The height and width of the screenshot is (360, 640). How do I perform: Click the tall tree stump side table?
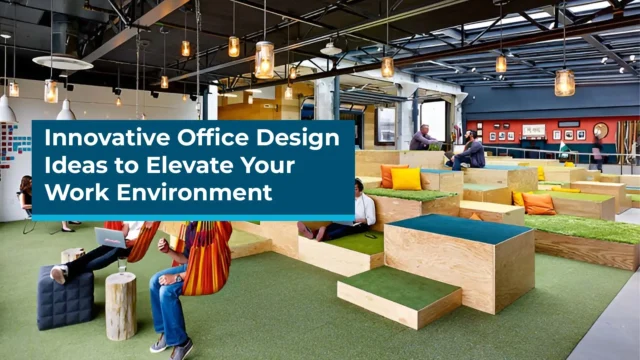click(120, 304)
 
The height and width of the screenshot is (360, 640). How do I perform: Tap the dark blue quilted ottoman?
click(65, 297)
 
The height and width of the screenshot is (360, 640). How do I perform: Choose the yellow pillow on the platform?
click(406, 178)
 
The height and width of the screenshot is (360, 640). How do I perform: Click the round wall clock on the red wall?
click(600, 130)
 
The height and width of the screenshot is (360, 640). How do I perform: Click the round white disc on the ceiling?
click(62, 62)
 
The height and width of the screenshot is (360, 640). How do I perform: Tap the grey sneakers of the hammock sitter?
click(170, 344)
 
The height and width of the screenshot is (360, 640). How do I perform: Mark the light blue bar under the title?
click(193, 217)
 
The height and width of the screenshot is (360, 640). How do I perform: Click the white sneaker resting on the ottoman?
click(59, 273)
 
